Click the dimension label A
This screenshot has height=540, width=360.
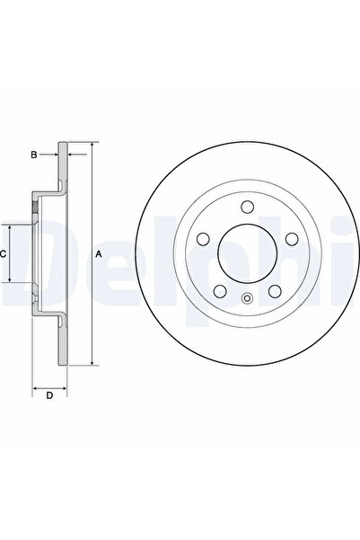tap(99, 254)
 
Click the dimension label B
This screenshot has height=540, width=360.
tap(34, 155)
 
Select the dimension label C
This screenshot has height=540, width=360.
tap(4, 254)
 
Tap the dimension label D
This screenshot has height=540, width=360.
tap(50, 395)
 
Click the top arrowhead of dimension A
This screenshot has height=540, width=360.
tap(92, 146)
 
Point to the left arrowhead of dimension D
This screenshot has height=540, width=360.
tap(36, 387)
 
